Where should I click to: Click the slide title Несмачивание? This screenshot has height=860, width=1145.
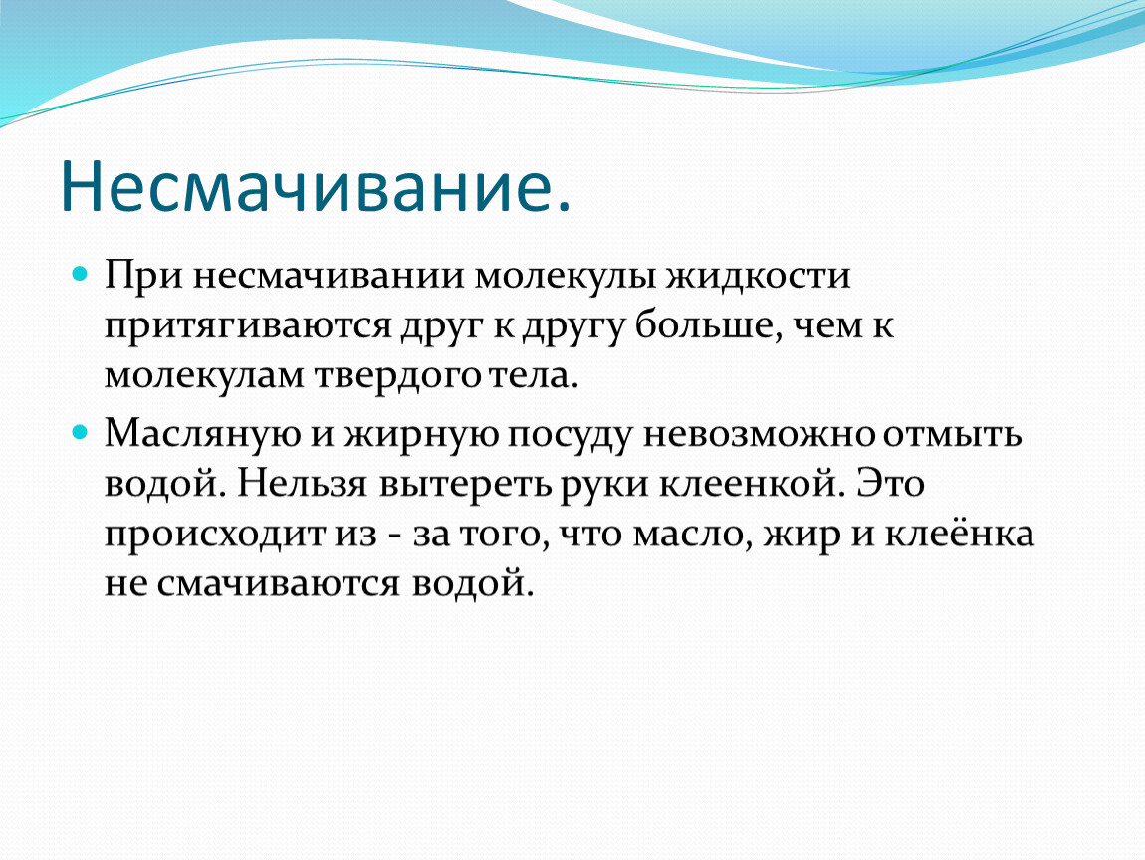click(316, 185)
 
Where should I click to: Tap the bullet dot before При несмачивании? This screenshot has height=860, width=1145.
click(81, 275)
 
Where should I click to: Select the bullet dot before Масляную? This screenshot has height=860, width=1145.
click(81, 432)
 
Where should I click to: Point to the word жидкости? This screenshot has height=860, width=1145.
click(758, 276)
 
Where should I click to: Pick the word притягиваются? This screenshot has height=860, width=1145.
click(248, 326)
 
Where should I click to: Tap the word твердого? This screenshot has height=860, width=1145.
click(397, 375)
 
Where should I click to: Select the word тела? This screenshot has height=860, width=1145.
click(533, 375)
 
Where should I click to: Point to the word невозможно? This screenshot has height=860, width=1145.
click(759, 435)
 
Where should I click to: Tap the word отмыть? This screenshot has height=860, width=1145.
click(952, 435)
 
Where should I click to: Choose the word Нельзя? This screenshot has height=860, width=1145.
click(301, 484)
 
